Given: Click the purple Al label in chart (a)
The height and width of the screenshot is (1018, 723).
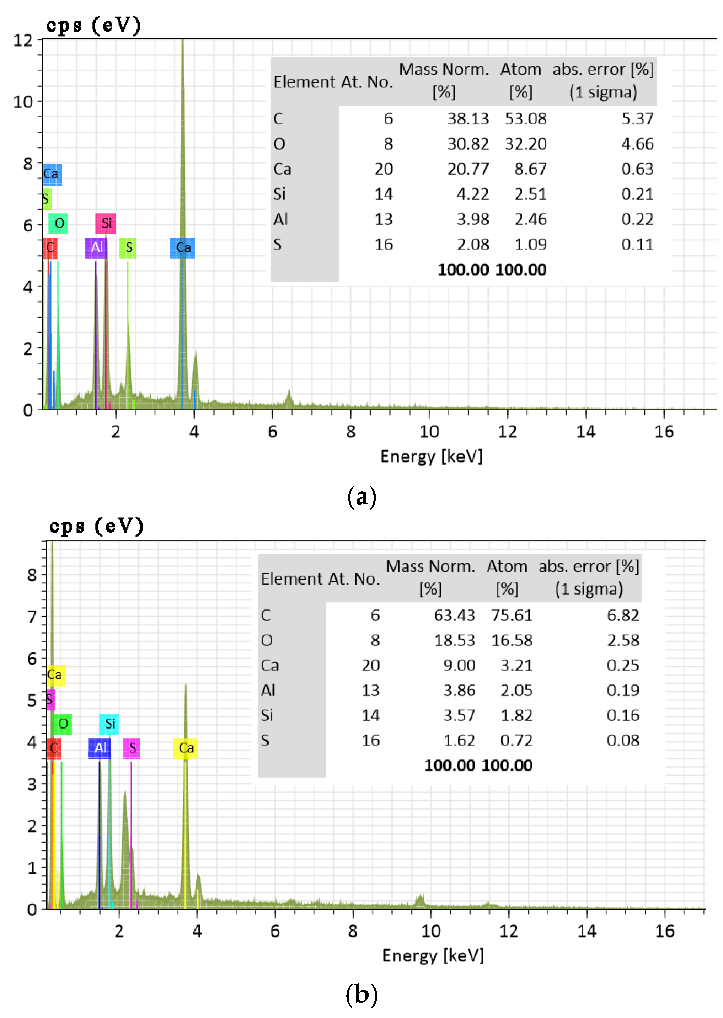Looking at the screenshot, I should click(96, 247).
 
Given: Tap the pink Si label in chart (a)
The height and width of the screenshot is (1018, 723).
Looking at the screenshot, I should click(106, 223).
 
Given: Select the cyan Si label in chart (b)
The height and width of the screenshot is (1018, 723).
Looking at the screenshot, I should click(109, 724).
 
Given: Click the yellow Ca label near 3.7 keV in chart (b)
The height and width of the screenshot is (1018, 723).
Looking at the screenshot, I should click(186, 748).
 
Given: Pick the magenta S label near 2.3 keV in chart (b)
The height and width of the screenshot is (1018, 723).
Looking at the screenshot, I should click(132, 748).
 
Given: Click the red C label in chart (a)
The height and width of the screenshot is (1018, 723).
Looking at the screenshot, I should click(50, 247).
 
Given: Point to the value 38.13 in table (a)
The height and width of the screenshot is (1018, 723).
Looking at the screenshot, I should click(467, 119).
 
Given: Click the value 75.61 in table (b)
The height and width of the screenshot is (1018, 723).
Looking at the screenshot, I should click(512, 615).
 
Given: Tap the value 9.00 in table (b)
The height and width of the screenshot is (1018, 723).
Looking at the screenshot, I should click(459, 665).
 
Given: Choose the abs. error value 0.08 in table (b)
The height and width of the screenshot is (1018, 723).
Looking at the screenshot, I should click(623, 741).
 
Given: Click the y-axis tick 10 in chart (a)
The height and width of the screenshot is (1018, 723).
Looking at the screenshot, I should click(23, 102).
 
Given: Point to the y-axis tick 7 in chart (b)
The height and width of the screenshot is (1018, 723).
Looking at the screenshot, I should click(32, 617).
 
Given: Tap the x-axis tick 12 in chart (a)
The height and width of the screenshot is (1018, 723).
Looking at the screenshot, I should click(507, 432).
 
